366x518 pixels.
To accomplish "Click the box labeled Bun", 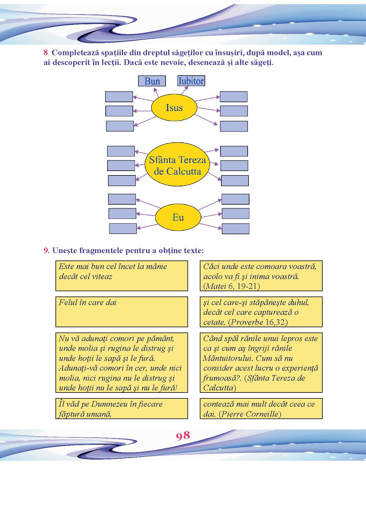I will (x=152, y=81).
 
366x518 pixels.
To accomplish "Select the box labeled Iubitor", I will (x=191, y=81).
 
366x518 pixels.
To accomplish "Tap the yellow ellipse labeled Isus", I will (x=174, y=108).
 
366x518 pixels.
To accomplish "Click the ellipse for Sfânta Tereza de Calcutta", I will (x=177, y=166).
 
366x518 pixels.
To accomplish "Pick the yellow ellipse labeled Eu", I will (x=178, y=218).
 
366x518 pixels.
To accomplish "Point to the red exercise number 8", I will (x=46, y=53).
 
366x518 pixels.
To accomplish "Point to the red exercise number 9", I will (x=46, y=251).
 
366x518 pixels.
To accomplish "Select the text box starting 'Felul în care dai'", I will (x=122, y=312).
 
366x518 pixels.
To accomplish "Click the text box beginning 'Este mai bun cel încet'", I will (x=122, y=276).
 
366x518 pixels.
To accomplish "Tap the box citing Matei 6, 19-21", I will (x=261, y=276).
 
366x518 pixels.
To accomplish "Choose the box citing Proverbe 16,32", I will (x=261, y=312).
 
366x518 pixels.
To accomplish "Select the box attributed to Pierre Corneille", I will (x=261, y=409).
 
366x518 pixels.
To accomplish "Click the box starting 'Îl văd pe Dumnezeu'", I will (x=122, y=409).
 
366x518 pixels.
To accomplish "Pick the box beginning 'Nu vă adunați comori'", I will (x=122, y=363).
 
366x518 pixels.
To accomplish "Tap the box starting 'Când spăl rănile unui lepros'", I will (x=261, y=363).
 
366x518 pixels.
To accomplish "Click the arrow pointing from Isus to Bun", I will (x=156, y=92).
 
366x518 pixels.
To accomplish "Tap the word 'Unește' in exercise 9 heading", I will (x=62, y=251).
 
